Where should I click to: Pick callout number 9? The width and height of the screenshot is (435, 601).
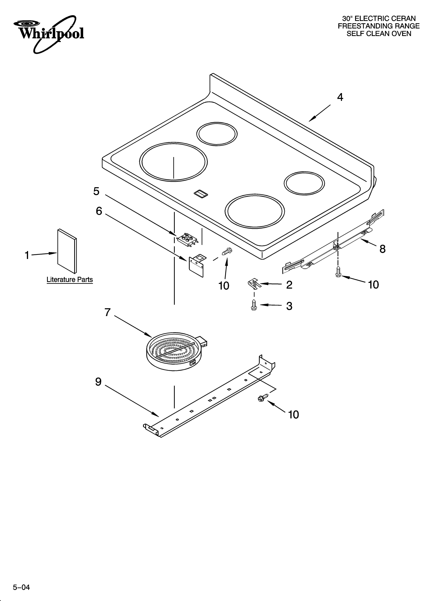click(98, 382)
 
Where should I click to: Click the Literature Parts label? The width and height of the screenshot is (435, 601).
click(70, 280)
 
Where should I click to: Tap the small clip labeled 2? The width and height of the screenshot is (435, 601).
click(254, 283)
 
